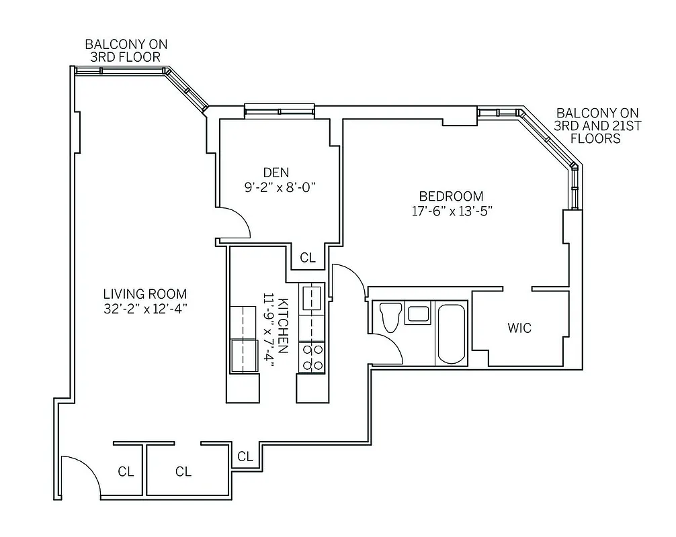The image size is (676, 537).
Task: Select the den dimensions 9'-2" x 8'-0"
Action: click(280, 187)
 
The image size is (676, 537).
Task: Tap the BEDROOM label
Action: click(451, 196)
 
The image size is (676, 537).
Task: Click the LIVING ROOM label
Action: click(144, 294)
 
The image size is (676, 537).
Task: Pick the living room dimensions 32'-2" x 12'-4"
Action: click(144, 309)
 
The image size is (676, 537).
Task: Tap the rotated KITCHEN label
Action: click(284, 326)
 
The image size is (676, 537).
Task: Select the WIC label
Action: click(519, 328)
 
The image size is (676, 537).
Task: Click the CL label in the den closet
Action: click(308, 257)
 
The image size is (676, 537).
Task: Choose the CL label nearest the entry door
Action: click(126, 471)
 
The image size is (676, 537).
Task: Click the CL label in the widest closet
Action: click(183, 471)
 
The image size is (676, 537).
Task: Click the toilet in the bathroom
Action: click(390, 318)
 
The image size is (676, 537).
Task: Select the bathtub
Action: click(452, 332)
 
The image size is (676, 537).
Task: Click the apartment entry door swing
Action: click(75, 477)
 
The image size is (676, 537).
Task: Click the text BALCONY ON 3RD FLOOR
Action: click(126, 50)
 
